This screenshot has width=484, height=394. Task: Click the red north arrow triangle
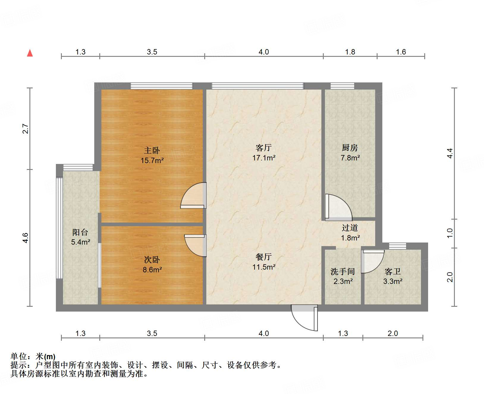30,53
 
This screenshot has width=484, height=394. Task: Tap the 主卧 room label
152,150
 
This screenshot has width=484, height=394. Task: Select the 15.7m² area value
152,161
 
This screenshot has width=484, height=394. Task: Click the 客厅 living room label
264,148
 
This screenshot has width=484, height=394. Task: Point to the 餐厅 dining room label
264,257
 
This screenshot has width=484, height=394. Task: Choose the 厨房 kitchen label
350,148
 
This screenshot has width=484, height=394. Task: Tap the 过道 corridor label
350,228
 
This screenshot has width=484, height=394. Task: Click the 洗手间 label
343,271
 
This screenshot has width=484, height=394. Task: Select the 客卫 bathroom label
393,271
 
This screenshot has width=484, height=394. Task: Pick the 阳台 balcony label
80,232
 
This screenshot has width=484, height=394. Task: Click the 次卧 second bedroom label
152,259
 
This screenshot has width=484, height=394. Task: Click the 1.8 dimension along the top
350,52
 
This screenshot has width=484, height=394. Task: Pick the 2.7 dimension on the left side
26,129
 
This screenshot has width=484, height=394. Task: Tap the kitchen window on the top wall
342,86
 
